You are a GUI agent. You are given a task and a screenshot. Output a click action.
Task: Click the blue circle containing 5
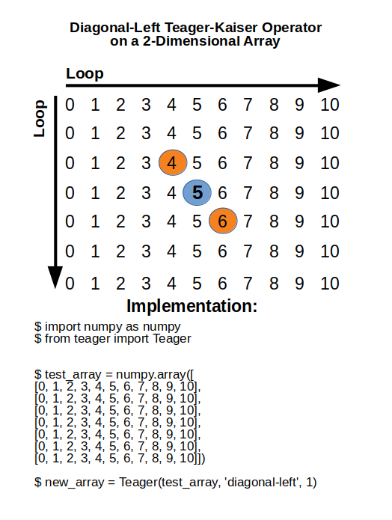tap(197, 193)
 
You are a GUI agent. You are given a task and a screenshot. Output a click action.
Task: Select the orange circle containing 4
tap(172, 163)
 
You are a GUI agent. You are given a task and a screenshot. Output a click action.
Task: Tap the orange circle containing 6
tap(223, 221)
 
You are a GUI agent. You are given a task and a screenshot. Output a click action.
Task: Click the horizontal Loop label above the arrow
tap(85, 73)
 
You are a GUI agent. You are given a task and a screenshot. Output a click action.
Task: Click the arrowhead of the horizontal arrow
tap(328, 85)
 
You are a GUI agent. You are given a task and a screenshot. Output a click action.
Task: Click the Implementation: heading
tap(192, 306)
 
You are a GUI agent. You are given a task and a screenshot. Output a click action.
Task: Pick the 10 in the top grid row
tap(329, 104)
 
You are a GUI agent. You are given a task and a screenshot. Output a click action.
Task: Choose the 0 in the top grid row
tap(70, 104)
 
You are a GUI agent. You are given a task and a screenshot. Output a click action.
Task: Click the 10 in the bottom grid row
tap(329, 284)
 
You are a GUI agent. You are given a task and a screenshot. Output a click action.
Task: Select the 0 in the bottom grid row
tap(70, 284)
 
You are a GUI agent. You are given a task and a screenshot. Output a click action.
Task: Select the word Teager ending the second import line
tap(173, 338)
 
